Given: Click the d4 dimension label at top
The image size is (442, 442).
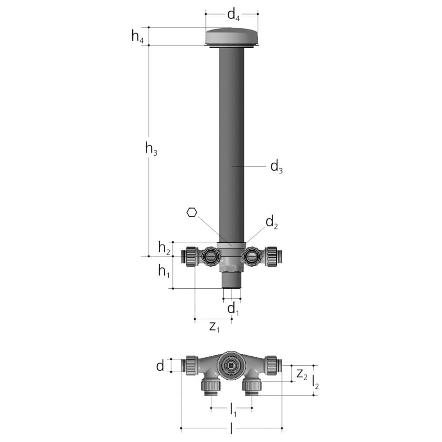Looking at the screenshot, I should coord(233,15).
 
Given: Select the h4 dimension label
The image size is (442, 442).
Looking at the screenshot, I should coord(137,36).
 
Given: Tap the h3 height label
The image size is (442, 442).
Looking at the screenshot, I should coord(151,149).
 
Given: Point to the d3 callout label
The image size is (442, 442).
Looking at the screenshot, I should coord(276,167).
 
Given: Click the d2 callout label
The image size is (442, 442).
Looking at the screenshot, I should coord(271,222).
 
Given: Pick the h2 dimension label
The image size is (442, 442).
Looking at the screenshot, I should coord(164,248).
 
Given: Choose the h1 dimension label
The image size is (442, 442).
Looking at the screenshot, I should coord(164,271).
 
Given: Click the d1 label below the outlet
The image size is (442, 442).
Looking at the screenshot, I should coord(233,309).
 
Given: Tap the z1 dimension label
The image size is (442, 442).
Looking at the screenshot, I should coord(214,327).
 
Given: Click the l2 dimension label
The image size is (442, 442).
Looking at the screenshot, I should coord(316,381).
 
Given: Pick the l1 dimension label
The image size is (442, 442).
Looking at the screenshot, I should coord(232,409).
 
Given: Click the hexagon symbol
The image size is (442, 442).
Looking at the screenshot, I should coord(191,213).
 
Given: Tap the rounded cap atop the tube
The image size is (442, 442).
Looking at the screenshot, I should coord(232,36).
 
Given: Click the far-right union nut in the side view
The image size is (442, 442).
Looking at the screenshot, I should coord(271,256).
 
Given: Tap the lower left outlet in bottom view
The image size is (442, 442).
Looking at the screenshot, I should coord(210,386).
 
